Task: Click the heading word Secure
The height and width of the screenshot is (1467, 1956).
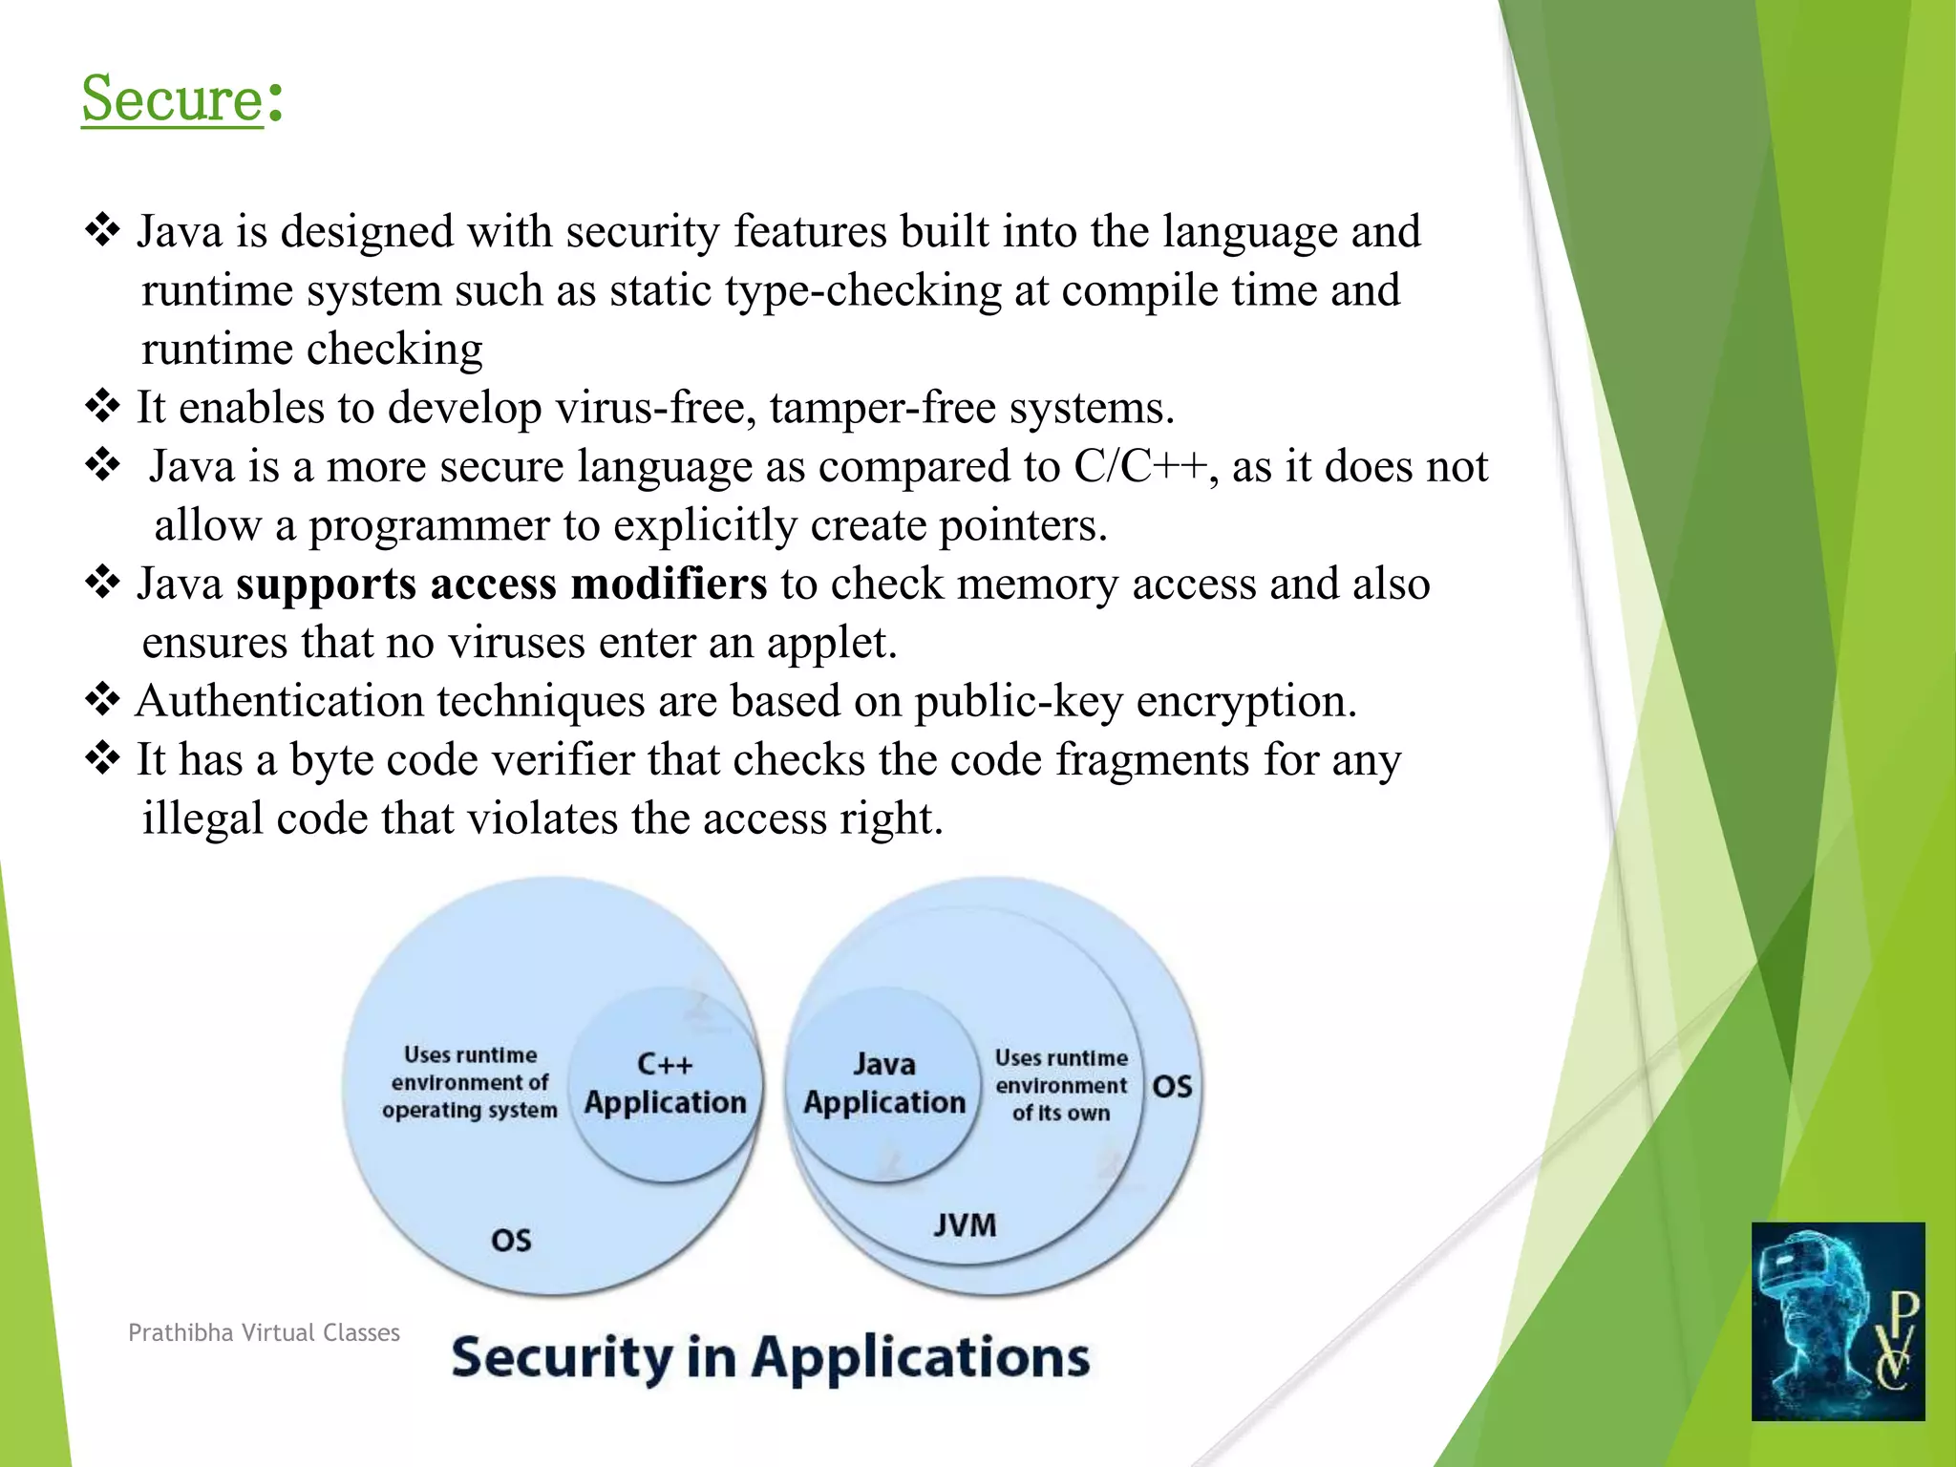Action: (172, 98)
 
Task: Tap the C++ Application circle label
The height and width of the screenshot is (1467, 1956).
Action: (665, 1084)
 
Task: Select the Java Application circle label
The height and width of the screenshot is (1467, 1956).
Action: (884, 1084)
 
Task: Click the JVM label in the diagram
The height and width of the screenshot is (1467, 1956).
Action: (965, 1224)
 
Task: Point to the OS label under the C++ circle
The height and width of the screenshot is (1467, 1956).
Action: (511, 1240)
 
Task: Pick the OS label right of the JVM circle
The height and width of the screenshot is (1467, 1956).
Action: (1172, 1087)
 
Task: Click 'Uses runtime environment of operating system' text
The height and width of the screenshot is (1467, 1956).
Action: (469, 1082)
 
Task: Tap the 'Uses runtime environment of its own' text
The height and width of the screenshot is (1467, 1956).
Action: (1061, 1085)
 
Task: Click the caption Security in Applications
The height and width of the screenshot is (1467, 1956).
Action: (770, 1357)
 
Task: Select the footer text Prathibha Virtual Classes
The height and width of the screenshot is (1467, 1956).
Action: (264, 1332)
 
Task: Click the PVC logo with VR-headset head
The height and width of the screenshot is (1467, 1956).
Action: (1837, 1321)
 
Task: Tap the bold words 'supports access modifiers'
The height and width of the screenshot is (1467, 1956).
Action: (500, 584)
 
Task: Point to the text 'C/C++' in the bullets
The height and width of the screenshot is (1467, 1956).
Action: (1140, 467)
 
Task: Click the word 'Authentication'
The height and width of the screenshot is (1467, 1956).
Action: (279, 701)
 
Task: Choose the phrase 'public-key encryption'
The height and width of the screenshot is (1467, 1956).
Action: (1135, 701)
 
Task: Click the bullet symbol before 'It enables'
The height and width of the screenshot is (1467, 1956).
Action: (102, 406)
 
